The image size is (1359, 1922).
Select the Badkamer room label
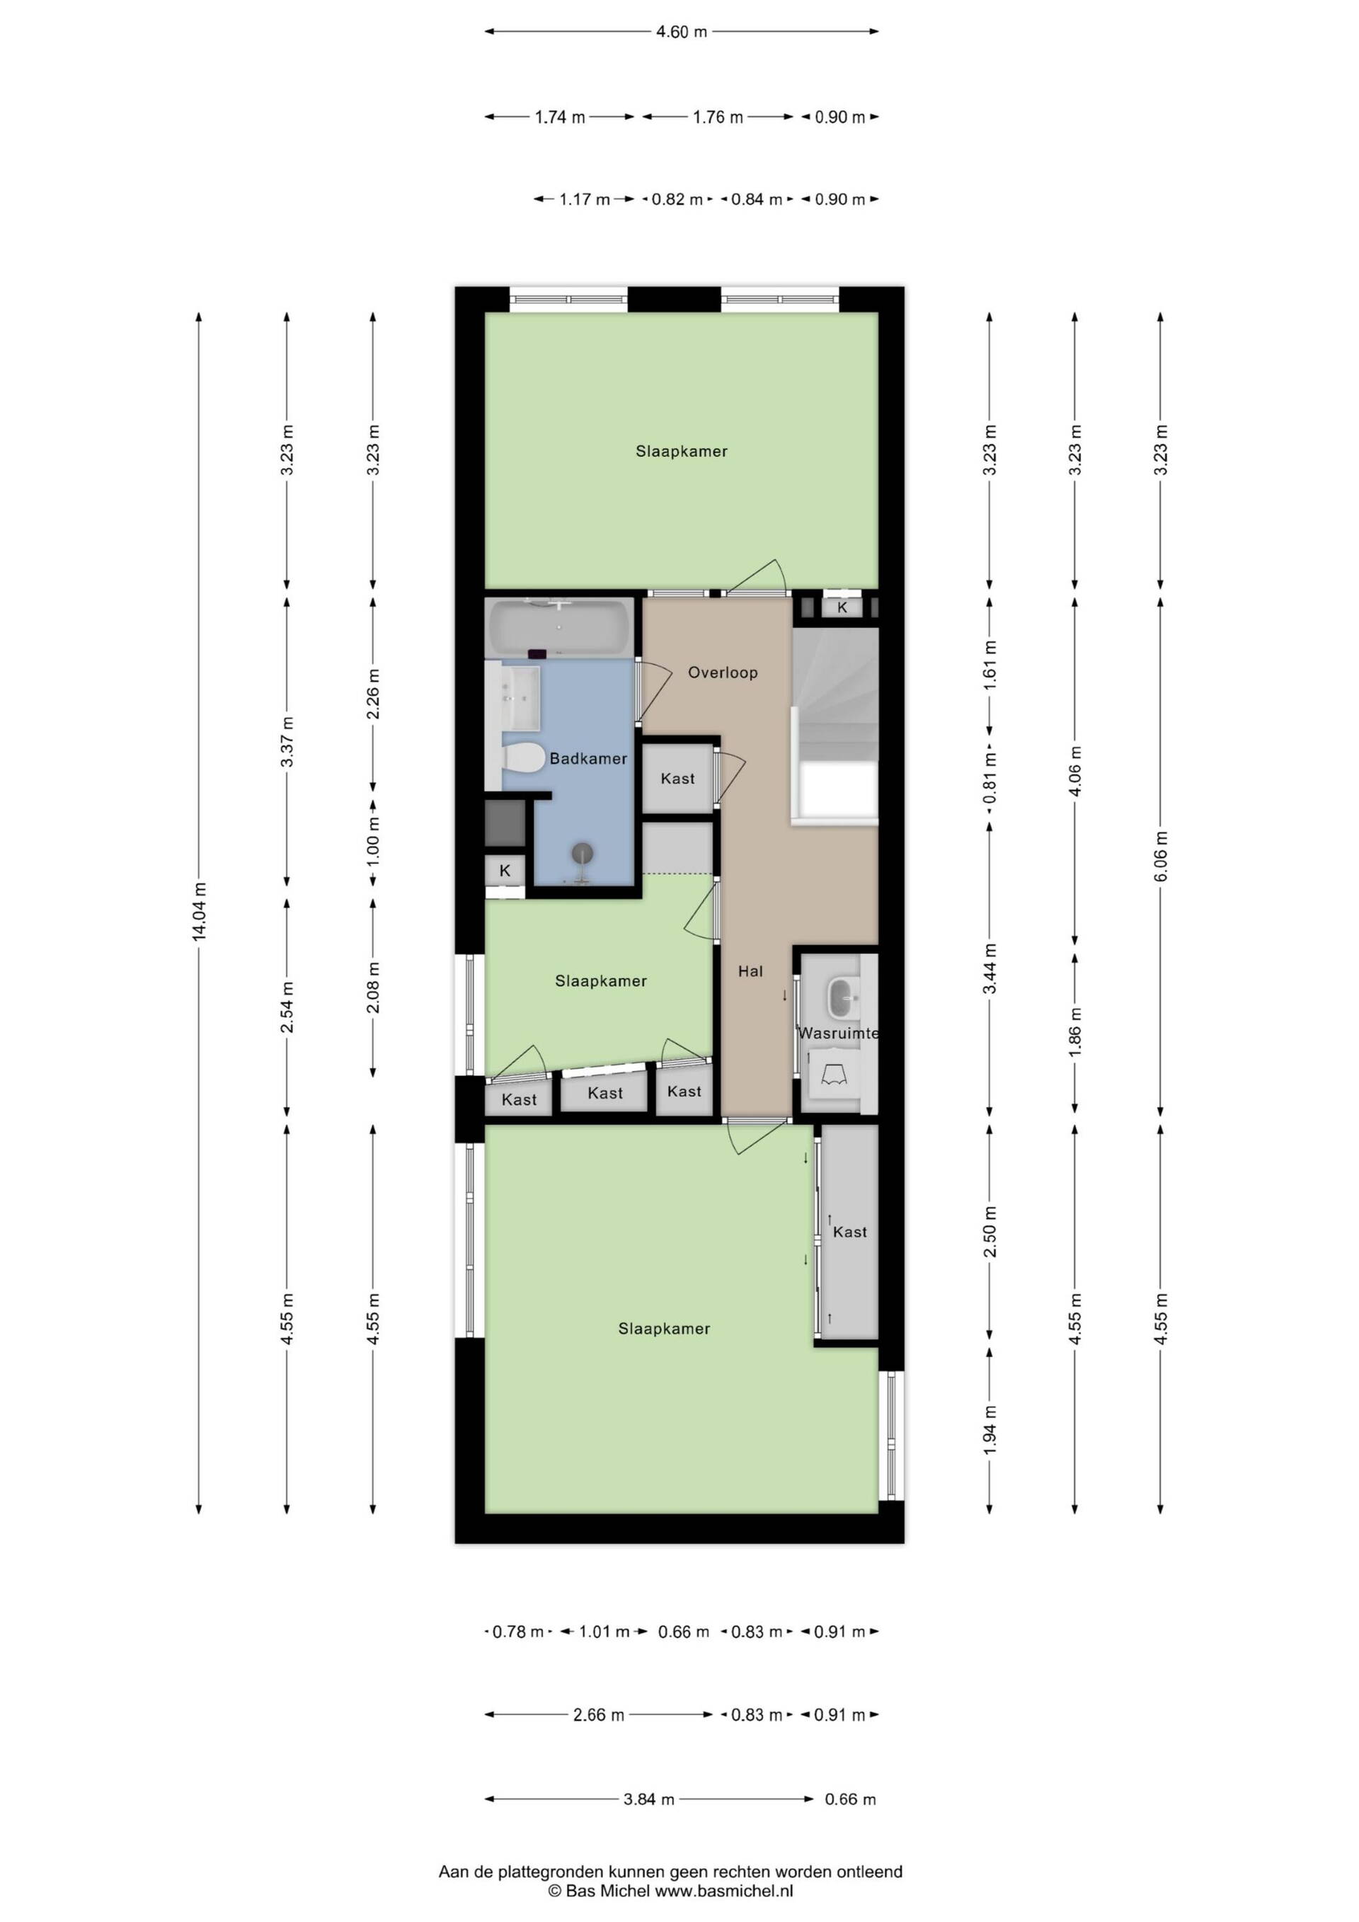pyautogui.click(x=588, y=758)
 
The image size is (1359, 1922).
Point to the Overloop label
pyautogui.click(x=723, y=673)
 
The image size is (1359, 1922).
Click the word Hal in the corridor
pyautogui.click(x=750, y=971)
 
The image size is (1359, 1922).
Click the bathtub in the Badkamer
pyautogui.click(x=560, y=629)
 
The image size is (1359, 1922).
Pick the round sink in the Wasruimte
pyautogui.click(x=844, y=996)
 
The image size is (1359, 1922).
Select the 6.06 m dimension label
pyautogui.click(x=1161, y=856)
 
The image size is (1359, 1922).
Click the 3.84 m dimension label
pyautogui.click(x=649, y=1799)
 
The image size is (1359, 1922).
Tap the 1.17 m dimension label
pyautogui.click(x=585, y=199)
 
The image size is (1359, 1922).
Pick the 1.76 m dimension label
pyautogui.click(x=718, y=118)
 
